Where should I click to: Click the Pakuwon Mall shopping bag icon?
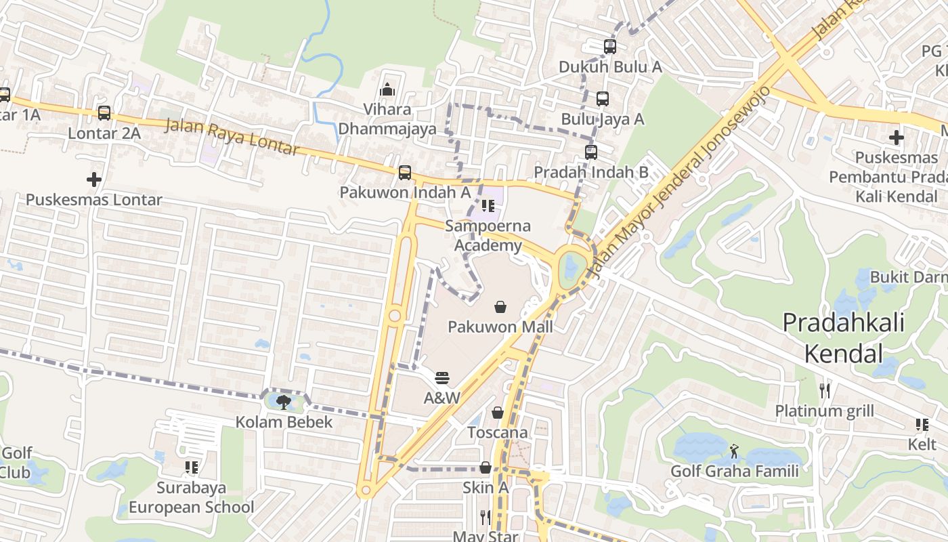click(500, 308)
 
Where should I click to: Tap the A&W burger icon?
click(442, 378)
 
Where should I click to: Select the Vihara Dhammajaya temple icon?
click(387, 89)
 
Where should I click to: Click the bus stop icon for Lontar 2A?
click(104, 113)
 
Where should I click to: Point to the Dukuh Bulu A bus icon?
click(610, 47)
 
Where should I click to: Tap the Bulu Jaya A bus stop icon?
click(603, 99)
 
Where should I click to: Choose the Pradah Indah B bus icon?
click(591, 152)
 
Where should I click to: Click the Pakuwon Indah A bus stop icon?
click(405, 172)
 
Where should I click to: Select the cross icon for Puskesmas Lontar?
click(94, 180)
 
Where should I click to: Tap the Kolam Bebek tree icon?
click(284, 402)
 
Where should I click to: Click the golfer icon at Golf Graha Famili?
click(735, 451)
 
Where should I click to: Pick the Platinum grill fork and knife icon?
click(824, 391)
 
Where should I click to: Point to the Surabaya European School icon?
click(192, 467)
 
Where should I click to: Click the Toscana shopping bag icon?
click(498, 413)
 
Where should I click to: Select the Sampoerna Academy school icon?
click(488, 206)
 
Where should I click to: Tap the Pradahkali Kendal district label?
click(843, 337)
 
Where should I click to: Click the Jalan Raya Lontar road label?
click(232, 136)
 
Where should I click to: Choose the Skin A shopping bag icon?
click(486, 467)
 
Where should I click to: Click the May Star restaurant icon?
click(486, 518)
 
